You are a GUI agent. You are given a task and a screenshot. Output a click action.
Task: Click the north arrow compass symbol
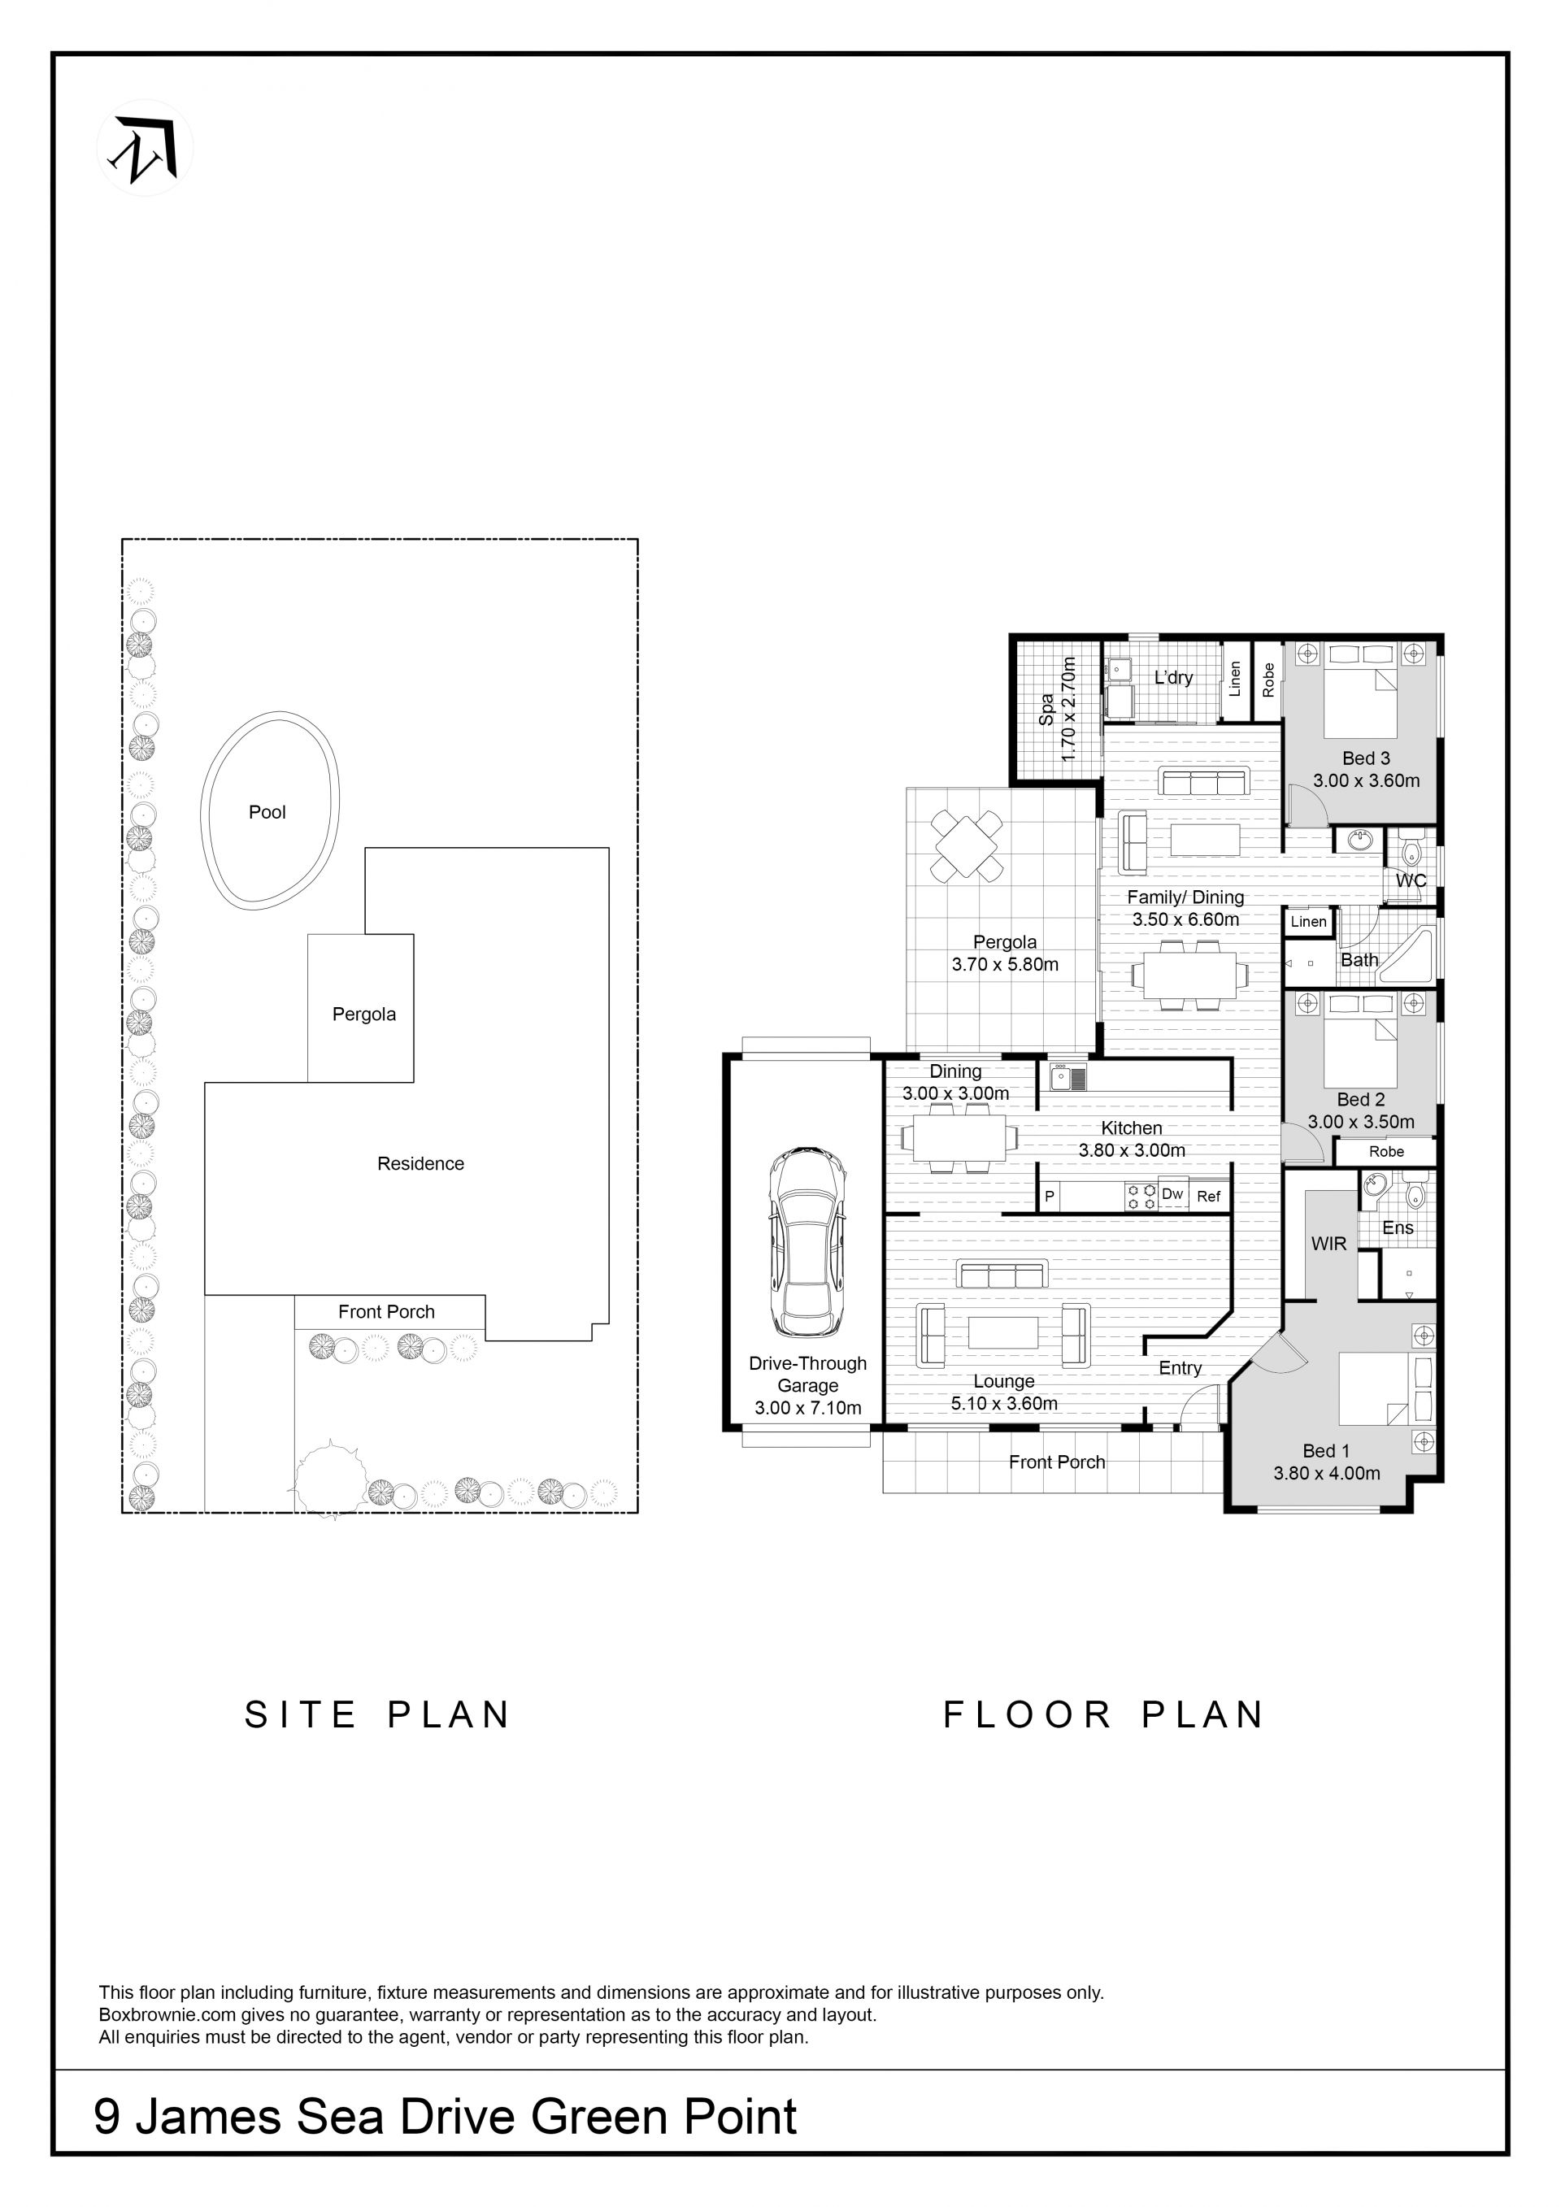pos(146,148)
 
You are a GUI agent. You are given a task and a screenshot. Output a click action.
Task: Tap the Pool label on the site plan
pos(267,812)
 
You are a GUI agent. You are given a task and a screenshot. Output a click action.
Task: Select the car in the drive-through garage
pos(807,1242)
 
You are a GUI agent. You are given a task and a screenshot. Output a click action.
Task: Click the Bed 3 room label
pos(1366,758)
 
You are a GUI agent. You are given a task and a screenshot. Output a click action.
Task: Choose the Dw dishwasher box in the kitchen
pos(1172,1194)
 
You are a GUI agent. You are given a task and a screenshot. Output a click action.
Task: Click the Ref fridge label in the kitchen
pos(1208,1196)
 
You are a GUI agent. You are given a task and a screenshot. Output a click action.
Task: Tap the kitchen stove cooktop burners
pos(1141,1196)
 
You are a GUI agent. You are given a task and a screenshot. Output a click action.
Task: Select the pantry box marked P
pos(1050,1197)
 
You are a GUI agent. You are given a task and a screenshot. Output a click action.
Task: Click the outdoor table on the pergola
pos(966,846)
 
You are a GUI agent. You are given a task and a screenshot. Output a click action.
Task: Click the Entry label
pos(1181,1369)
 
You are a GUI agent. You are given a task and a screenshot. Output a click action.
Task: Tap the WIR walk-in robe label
pos(1328,1244)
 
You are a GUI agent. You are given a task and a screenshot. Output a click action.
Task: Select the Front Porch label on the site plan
pos(386,1312)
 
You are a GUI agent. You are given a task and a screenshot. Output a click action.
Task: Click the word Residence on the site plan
pos(420,1164)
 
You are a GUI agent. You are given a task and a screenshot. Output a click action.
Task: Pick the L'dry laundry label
pos(1174,678)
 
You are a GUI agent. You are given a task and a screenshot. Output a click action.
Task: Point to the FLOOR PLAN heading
pos(1103,1715)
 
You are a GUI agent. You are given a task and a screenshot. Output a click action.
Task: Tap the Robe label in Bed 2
pos(1386,1152)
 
